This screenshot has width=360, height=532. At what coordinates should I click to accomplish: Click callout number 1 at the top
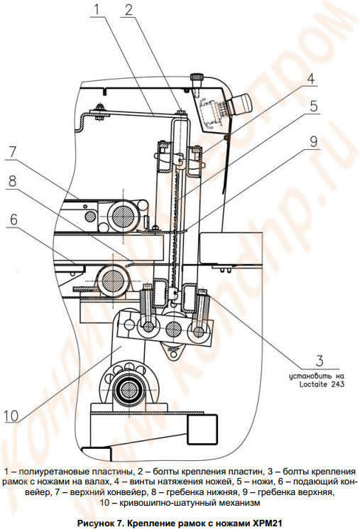click(x=97, y=9)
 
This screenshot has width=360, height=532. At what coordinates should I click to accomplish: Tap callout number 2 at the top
click(x=129, y=10)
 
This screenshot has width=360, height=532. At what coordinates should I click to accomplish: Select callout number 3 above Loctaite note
click(x=320, y=361)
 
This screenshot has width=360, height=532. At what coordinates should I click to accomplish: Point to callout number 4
click(x=311, y=79)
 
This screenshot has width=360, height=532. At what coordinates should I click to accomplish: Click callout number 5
click(x=314, y=107)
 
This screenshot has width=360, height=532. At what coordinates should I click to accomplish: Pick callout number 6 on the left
click(x=13, y=220)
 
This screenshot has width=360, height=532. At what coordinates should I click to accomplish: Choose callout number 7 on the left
click(x=12, y=153)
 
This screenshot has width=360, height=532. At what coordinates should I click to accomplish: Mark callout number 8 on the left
click(x=12, y=182)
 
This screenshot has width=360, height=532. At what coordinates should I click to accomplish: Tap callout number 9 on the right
click(x=314, y=141)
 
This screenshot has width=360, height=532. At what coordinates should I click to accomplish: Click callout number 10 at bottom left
click(x=11, y=416)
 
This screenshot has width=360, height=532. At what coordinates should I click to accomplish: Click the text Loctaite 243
click(x=322, y=384)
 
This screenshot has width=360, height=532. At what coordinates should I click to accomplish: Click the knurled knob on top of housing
click(x=197, y=77)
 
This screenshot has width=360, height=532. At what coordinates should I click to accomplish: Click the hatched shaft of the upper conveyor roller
click(x=123, y=215)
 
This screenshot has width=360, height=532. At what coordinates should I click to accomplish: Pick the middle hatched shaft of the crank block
click(x=173, y=329)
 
